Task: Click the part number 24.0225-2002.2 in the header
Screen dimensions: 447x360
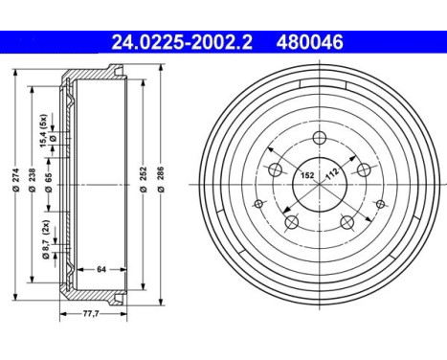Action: (182, 42)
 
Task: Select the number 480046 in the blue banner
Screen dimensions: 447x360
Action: (310, 42)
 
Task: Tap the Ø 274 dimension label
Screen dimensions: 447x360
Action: (16, 180)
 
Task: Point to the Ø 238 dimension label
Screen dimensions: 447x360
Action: (33, 180)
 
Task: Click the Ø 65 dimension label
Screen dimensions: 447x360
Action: (49, 183)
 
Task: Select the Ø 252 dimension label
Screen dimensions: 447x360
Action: (144, 179)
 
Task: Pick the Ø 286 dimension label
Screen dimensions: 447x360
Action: (161, 179)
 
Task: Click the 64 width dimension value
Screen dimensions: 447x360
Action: (101, 269)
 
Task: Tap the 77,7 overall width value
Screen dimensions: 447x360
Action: (91, 314)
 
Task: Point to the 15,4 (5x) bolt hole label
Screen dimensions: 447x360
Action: (44, 130)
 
